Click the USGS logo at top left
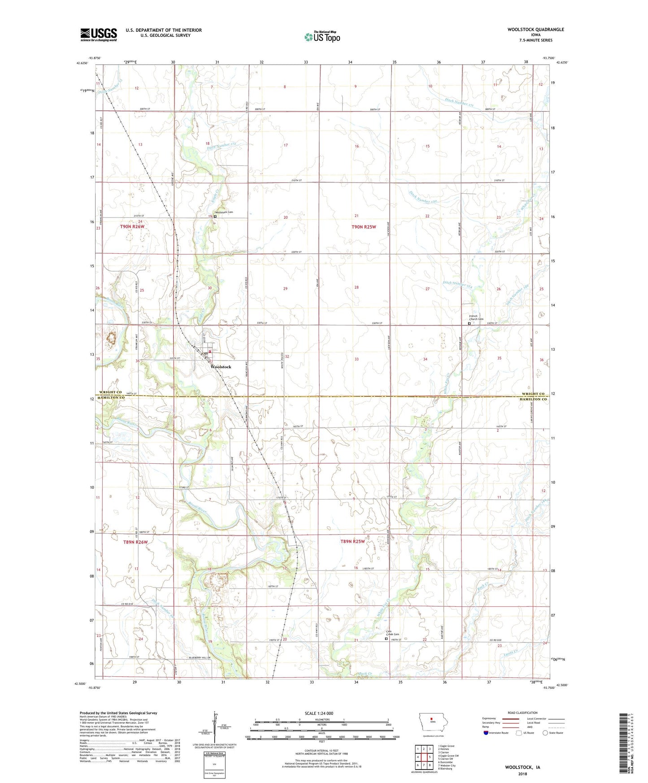99,35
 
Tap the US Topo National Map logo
322,36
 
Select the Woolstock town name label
221,367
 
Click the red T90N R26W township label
132,227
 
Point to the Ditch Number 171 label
459,102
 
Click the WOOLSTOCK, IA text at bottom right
522,767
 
